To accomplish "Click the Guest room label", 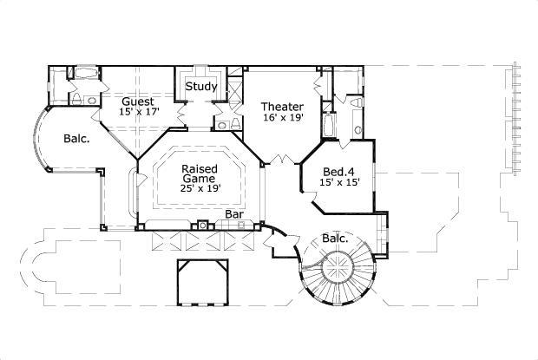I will pos(138,101).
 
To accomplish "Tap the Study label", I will pos(201,86).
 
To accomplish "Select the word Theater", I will pos(282,107).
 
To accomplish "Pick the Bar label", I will pos(233,213).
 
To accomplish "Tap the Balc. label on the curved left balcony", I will pos(75,137).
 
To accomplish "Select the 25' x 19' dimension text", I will pos(199,188).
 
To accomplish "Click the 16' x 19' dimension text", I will pos(282,119).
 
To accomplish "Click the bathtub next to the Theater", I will pos(327,127).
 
